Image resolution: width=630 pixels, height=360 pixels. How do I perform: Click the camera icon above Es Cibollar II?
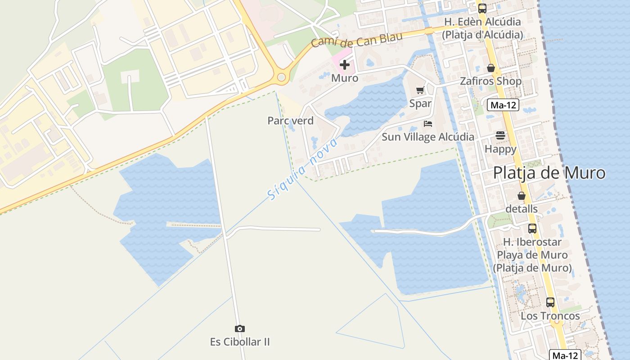tap(240, 329)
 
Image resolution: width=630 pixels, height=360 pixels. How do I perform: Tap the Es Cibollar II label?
tap(240, 342)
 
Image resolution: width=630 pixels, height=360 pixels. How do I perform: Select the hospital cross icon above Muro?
tap(345, 65)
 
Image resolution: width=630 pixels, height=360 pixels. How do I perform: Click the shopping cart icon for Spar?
tap(420, 90)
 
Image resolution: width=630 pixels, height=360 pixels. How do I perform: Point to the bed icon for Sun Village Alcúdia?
tap(428, 123)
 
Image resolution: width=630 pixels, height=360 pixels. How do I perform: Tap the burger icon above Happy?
tap(500, 135)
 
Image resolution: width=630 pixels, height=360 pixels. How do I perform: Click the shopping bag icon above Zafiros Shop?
tap(491, 68)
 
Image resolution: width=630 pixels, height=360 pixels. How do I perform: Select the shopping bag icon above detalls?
tap(522, 196)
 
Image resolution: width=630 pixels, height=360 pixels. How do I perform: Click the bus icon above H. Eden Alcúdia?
tap(482, 8)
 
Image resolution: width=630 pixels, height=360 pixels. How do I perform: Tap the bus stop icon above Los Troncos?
tap(550, 302)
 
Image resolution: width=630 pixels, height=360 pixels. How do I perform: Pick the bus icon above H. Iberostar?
tap(532, 229)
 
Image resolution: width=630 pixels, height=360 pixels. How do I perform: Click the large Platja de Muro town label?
tap(549, 173)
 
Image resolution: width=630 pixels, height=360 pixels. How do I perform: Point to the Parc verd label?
tap(290, 121)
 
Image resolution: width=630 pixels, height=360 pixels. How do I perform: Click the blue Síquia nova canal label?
tap(302, 169)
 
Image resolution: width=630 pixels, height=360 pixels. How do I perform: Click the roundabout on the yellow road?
tap(282, 77)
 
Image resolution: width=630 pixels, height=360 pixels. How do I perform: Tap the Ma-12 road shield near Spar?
tap(503, 105)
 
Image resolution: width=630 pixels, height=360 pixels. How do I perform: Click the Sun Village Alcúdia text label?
tap(427, 137)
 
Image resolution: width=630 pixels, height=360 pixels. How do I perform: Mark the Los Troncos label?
tap(550, 316)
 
